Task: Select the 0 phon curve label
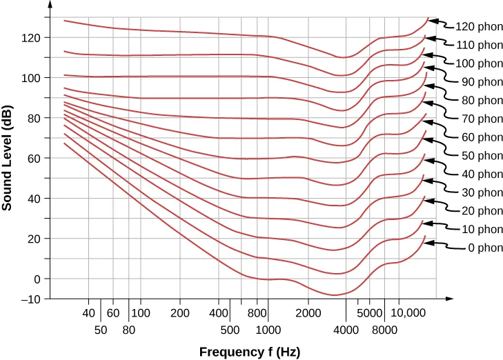478,248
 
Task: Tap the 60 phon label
478,137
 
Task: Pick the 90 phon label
478,81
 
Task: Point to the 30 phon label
478,192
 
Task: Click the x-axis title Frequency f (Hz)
250,352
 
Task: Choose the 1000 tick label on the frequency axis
268,330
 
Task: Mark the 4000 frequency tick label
346,330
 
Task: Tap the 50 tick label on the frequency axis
101,330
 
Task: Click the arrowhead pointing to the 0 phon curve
428,243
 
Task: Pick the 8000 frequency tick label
384,330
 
